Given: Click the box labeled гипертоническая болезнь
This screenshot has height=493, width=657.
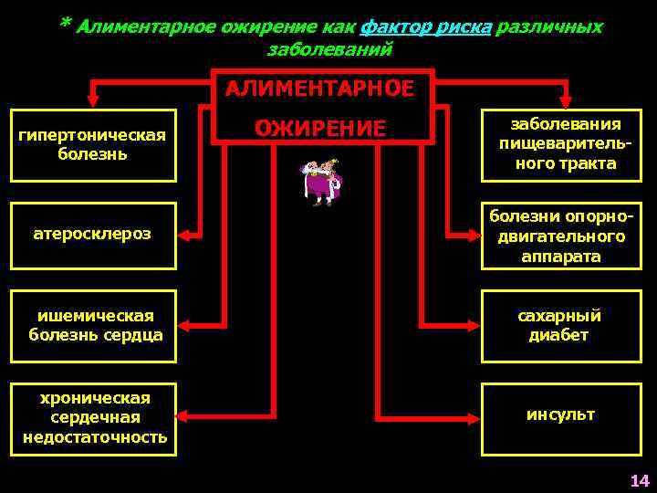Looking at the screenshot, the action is (x=92, y=144).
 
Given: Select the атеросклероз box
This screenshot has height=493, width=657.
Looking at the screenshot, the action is (x=92, y=235).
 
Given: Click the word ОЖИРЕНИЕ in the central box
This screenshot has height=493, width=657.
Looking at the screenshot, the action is (x=321, y=128).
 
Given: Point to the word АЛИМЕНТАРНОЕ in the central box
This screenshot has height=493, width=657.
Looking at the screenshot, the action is (x=321, y=89).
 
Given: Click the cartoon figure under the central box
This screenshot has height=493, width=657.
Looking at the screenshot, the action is (x=320, y=181).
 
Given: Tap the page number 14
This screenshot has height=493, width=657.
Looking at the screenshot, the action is (x=639, y=480).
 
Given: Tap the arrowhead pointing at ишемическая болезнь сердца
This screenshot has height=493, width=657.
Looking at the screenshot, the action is (x=185, y=325).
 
